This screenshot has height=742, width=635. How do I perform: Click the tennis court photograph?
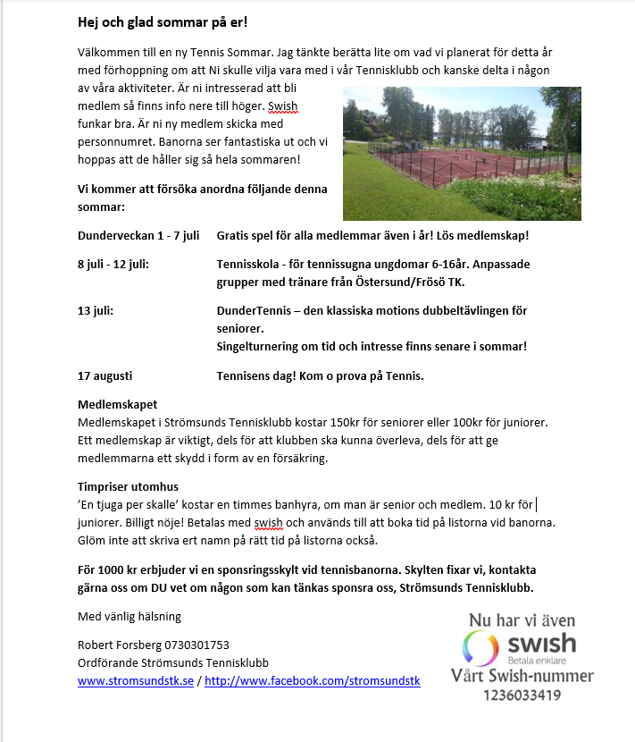[x=462, y=153]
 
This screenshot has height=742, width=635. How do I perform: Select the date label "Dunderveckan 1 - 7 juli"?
[x=138, y=236]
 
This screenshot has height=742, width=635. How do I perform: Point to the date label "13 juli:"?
[x=96, y=311]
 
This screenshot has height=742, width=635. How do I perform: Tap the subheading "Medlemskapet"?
[x=117, y=405]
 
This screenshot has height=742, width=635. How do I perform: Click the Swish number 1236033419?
[x=521, y=695]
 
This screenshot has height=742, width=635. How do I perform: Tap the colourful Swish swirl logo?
[x=480, y=646]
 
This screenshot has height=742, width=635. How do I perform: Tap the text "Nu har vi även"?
[x=522, y=620]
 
